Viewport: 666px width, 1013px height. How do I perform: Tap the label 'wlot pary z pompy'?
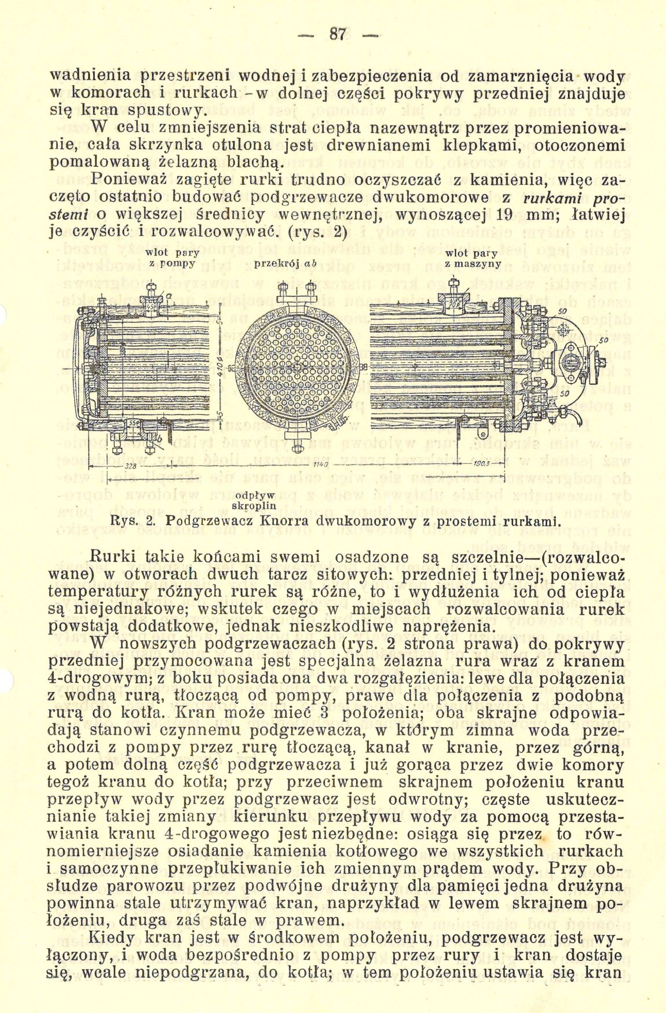[171, 258]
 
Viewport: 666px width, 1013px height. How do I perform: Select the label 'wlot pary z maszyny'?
[472, 258]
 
